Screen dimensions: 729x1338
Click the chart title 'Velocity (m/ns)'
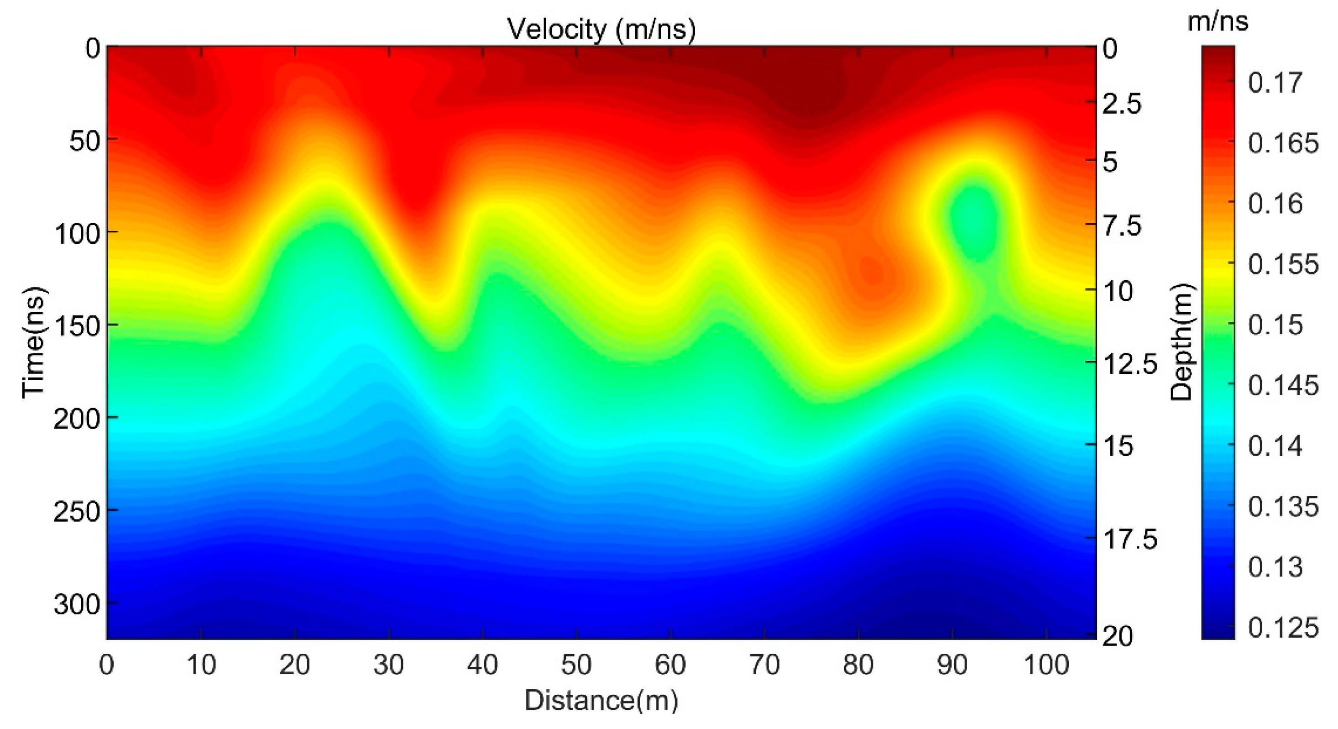click(x=601, y=29)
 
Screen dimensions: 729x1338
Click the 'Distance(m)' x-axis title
click(x=601, y=700)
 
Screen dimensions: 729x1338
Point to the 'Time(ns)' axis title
click(x=34, y=342)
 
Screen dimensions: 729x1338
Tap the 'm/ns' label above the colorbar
click(x=1218, y=22)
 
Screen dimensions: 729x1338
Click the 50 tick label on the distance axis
click(x=576, y=665)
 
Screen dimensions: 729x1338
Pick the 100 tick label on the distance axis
click(x=1046, y=665)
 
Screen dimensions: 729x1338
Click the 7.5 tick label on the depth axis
click(x=1122, y=226)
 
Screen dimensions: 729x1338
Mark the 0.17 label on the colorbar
click(x=1275, y=82)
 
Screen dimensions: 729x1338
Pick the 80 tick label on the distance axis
click(x=858, y=665)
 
